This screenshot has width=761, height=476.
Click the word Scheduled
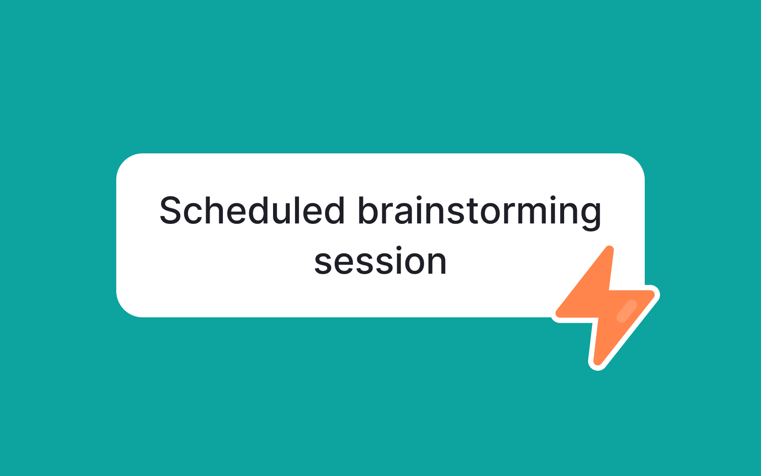252,211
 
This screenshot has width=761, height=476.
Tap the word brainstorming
479,211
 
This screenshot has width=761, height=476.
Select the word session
380,262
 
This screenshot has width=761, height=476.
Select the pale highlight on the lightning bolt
627,311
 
